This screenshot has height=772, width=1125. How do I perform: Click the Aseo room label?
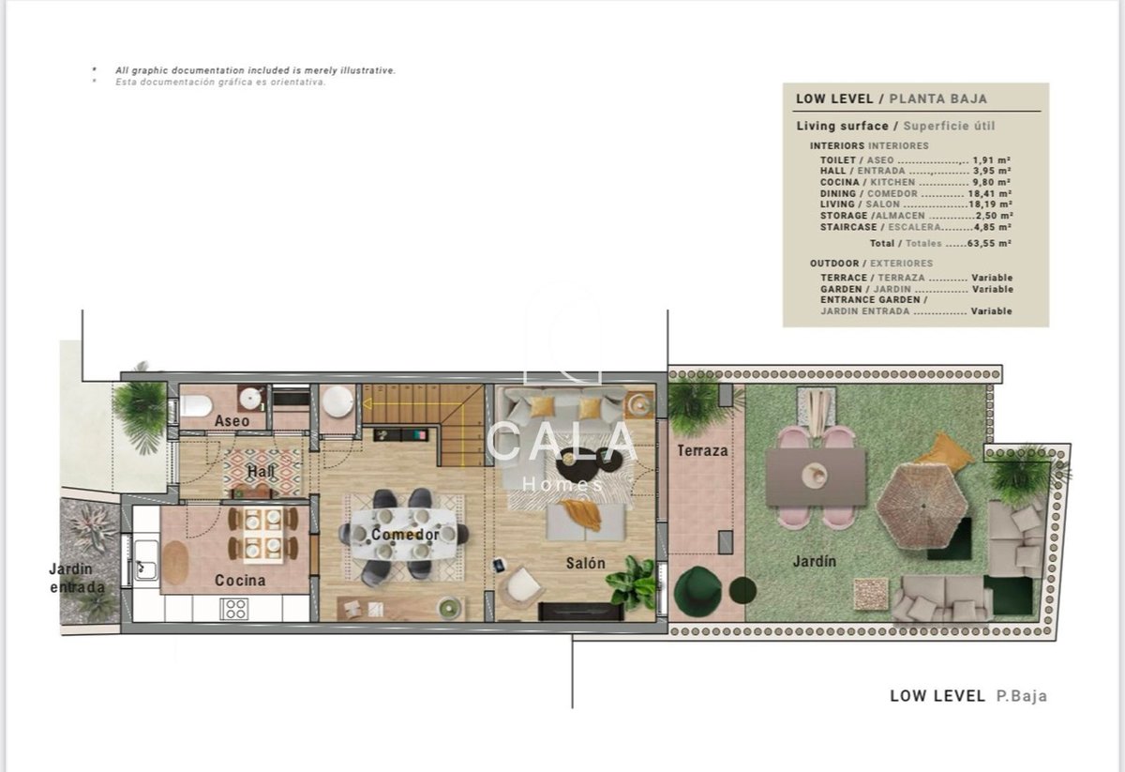[x=232, y=420]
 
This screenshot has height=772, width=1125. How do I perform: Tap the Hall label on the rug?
[x=261, y=472]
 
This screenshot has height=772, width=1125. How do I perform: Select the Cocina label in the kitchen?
[x=240, y=581]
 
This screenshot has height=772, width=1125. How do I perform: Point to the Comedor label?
[x=405, y=535]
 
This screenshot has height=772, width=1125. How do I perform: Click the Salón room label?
[x=586, y=564]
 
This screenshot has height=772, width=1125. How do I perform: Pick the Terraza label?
[x=702, y=451]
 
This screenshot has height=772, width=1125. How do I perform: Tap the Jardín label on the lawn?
[x=814, y=561]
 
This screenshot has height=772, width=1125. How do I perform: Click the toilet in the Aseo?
[x=195, y=406]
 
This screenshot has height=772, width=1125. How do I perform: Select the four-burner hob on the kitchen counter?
[x=234, y=609]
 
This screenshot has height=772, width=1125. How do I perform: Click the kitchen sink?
[x=145, y=560]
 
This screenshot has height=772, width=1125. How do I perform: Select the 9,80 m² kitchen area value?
[x=992, y=182]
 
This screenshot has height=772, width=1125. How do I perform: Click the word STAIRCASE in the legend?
[x=848, y=227]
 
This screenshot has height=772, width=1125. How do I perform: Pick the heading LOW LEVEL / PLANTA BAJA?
[x=892, y=99]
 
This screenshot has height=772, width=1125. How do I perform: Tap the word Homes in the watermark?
[x=562, y=485]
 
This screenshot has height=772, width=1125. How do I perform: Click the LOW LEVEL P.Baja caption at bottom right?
[x=968, y=696]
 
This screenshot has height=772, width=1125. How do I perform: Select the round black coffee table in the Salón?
[x=577, y=464]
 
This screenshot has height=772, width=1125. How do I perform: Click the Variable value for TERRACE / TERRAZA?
[x=992, y=278]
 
